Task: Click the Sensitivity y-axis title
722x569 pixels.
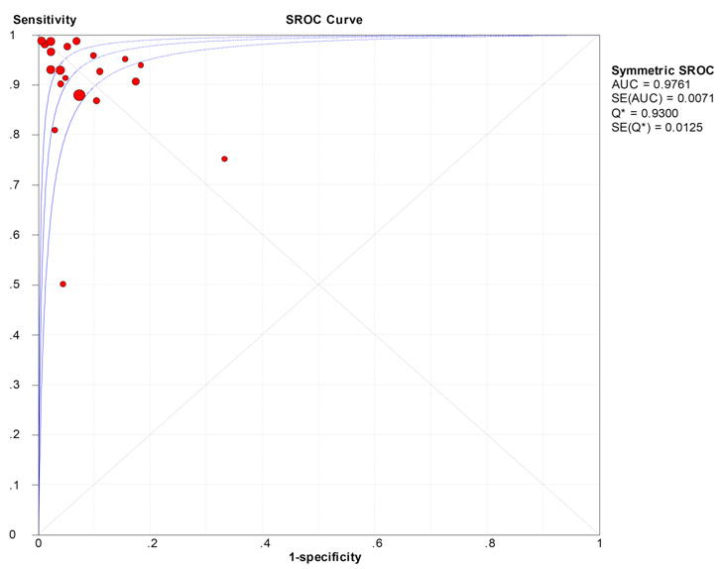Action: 45,20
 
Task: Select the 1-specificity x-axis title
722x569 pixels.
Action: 325,558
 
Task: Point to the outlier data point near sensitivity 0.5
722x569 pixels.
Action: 63,284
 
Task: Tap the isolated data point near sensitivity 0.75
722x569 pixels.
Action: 224,159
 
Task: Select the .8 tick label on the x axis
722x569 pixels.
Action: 488,544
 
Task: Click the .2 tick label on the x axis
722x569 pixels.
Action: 152,544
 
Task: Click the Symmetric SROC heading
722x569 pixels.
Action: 662,70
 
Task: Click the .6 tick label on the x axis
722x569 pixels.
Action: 376,544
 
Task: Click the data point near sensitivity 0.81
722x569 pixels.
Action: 55,130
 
